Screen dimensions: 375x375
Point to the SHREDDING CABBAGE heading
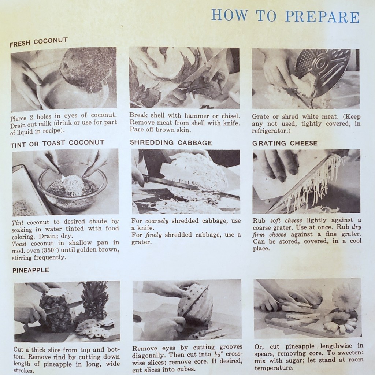tap(171, 143)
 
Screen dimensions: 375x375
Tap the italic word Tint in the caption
tap(18, 222)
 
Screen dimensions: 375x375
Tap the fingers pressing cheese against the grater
tap(278, 167)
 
